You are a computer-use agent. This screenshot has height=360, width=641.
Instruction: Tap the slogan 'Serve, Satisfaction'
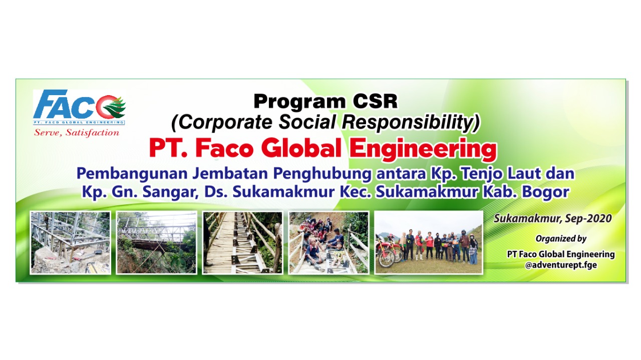(77, 133)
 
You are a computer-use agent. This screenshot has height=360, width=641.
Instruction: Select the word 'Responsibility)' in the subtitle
(411, 122)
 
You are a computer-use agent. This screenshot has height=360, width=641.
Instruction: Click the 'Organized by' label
(561, 239)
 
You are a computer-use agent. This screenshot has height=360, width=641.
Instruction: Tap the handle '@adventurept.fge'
(561, 265)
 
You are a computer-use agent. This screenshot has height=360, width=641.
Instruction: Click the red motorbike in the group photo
(387, 250)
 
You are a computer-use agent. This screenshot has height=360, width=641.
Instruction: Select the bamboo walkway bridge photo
(243, 243)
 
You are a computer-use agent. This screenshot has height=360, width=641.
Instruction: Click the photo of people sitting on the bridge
(329, 243)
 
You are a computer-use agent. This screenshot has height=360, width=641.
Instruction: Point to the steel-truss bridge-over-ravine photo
(157, 243)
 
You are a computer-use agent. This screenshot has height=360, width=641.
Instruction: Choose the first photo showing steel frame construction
(71, 243)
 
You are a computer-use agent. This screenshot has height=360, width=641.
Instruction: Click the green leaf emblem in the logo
(115, 107)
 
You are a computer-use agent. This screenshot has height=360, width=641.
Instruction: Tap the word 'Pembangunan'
(132, 174)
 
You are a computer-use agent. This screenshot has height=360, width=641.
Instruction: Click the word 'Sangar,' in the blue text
(171, 192)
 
